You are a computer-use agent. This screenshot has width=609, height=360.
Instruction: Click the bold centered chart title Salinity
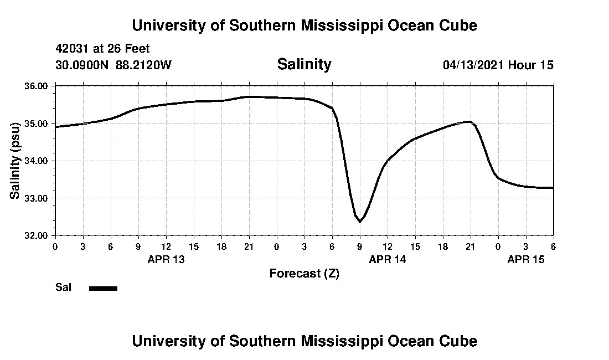click(304, 64)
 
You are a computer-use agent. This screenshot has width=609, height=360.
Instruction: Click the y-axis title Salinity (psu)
click(15, 161)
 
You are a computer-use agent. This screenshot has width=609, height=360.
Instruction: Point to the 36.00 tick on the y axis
click(37, 86)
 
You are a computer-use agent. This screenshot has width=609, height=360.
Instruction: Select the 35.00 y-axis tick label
click(37, 123)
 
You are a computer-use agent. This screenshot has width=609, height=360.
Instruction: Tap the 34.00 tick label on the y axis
click(37, 161)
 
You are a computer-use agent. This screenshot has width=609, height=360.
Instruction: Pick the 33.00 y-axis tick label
click(37, 198)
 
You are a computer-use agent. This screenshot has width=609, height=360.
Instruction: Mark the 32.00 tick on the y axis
click(37, 235)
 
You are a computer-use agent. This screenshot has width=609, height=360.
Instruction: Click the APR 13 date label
click(166, 259)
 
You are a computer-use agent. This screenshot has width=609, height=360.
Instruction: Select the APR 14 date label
click(388, 259)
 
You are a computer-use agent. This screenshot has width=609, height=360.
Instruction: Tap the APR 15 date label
click(526, 259)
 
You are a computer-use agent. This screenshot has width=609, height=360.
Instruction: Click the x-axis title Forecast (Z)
click(304, 274)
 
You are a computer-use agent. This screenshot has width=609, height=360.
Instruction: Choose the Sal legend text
click(63, 287)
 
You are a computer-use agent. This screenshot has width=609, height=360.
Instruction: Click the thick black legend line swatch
click(103, 288)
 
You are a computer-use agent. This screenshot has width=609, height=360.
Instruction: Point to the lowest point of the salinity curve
click(360, 222)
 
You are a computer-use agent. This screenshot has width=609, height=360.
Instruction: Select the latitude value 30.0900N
click(82, 65)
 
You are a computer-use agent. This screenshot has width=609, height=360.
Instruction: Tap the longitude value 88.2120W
click(143, 65)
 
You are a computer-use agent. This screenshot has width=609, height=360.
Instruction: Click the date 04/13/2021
click(473, 65)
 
